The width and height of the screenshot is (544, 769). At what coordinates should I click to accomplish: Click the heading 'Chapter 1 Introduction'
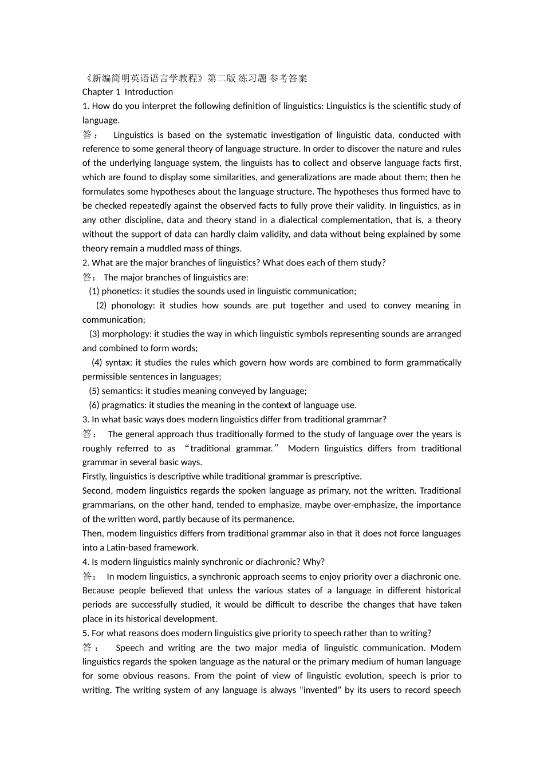point(127,92)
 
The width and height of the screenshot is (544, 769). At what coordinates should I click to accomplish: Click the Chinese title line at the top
point(195,78)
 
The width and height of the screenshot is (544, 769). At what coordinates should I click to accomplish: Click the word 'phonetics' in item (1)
point(121,291)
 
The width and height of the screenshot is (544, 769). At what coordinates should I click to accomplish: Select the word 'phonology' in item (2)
point(132,306)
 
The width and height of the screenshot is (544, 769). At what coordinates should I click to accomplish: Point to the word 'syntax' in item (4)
point(118,363)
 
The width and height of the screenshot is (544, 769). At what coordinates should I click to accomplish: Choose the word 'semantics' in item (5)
point(122,391)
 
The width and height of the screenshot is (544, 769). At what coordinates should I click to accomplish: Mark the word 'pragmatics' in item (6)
point(124,405)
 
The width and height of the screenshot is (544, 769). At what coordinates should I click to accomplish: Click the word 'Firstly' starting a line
point(94,477)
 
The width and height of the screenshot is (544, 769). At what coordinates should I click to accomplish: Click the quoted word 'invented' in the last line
point(321,690)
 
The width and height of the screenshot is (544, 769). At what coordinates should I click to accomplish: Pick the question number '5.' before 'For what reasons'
point(86,633)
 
